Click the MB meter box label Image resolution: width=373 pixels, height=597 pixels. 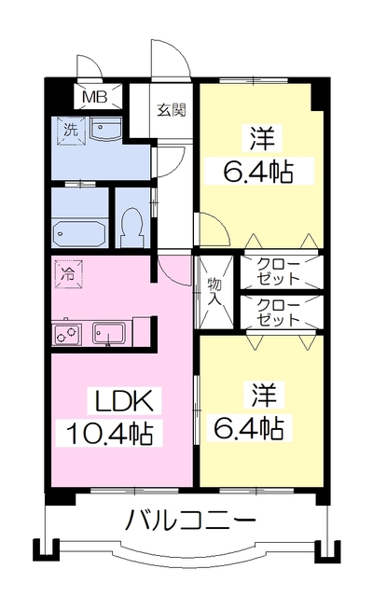pos(95,97)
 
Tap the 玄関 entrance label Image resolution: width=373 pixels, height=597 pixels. pos(172,110)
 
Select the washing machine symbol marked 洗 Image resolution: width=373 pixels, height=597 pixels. pos(71,131)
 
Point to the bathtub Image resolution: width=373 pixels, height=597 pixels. pos(79,234)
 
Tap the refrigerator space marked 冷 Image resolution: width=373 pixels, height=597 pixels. pos(68,274)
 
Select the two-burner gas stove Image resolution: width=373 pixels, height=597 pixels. pos(67,335)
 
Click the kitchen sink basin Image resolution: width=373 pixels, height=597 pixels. pos(109,334)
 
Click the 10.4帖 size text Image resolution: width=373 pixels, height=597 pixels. pos(109,434)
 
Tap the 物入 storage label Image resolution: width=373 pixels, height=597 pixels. pos(215,291)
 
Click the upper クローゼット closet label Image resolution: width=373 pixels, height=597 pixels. pos(278,271)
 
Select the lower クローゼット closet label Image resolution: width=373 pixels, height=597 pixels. pos(278,312)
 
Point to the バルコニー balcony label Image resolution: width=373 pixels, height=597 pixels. pos(190,521)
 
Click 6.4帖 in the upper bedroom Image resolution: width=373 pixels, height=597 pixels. pos(258,173)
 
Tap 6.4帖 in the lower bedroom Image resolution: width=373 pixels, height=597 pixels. pos(248,428)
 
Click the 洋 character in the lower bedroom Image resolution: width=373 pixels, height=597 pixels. pos(263,395)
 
